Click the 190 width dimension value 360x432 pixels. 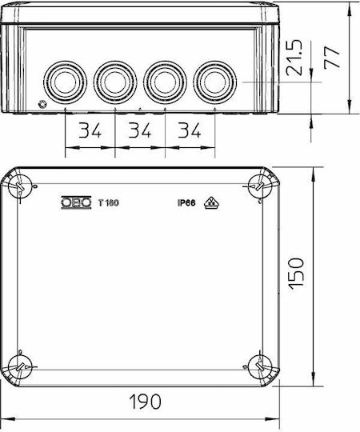pos(145,402)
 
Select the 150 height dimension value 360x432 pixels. pos(296,274)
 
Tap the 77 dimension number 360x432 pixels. pos(332,57)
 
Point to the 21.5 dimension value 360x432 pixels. pos(294,58)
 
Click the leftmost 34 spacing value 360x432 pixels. pos(90,130)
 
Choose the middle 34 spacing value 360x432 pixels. pos(140,130)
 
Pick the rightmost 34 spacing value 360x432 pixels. pos(190,130)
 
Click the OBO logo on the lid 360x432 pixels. pos(76,202)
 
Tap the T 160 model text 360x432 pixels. pos(109,203)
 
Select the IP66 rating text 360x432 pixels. pos(186,203)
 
